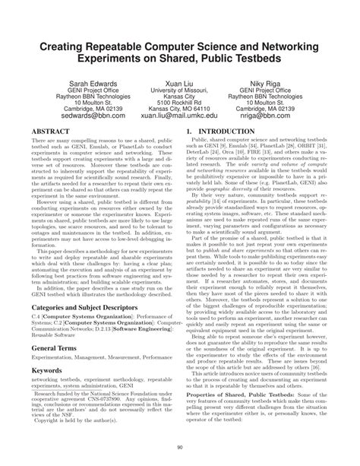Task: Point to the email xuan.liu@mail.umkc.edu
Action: click(x=179, y=119)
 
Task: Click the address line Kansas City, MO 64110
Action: click(x=179, y=111)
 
